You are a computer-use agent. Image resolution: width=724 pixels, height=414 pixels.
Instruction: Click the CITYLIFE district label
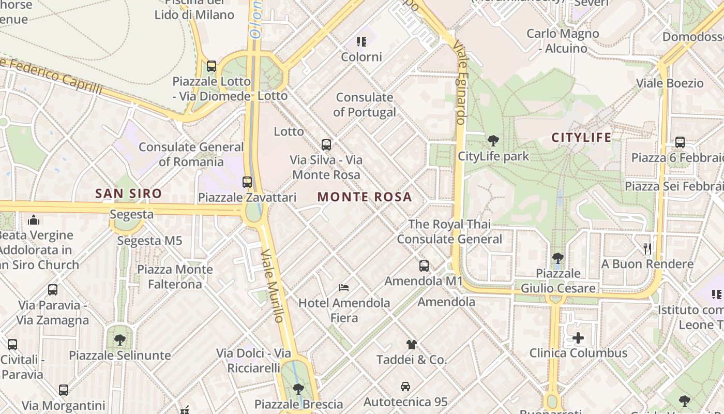pos(581,138)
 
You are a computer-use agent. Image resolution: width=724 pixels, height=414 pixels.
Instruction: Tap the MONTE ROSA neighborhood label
pos(365,197)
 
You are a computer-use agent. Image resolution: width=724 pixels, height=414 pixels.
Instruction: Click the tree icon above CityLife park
pos(493,140)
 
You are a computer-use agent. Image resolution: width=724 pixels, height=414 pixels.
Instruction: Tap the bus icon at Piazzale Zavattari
pos(247,182)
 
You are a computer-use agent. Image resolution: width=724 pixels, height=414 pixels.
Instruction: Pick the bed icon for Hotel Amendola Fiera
pos(344,287)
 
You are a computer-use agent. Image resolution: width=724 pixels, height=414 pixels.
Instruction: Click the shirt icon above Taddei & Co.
pos(411,344)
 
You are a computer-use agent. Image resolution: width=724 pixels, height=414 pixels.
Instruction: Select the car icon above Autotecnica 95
pos(405,387)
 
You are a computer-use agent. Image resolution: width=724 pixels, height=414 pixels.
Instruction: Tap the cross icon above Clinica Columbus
pos(578,338)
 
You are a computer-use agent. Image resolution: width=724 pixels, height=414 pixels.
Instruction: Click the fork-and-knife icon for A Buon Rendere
pos(647,249)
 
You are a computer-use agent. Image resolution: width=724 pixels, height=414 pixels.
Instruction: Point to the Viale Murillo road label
pos(273,286)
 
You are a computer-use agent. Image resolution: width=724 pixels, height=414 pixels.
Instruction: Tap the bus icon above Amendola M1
pos(424,266)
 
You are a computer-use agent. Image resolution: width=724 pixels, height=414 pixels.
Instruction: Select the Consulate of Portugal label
pos(365,105)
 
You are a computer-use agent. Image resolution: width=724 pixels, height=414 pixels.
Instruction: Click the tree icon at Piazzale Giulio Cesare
pos(557,258)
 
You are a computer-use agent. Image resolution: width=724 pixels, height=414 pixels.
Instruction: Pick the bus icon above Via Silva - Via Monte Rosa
pos(326,145)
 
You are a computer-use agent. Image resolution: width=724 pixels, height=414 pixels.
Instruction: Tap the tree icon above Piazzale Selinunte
pos(120,340)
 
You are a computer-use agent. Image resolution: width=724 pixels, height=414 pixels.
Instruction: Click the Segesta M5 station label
pos(149,241)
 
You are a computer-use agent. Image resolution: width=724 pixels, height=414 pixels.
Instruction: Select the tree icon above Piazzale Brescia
pos(298,389)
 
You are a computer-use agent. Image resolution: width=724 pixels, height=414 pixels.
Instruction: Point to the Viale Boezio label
pos(670,83)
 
